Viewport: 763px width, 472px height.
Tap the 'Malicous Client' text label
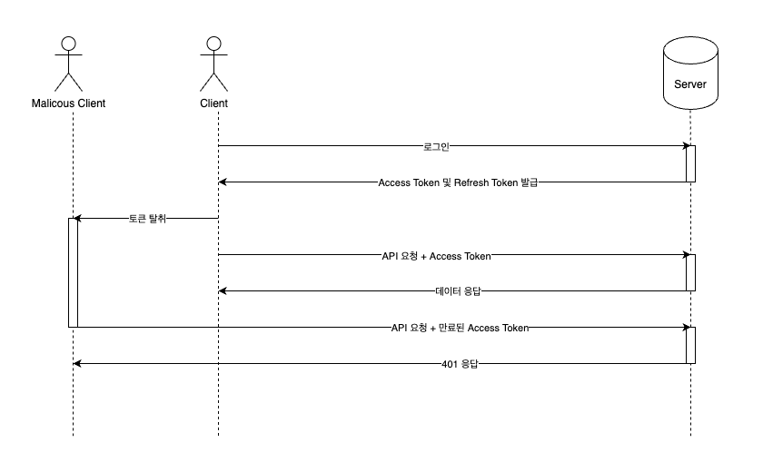pos(69,103)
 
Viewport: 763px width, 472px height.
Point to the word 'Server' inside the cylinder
pos(690,84)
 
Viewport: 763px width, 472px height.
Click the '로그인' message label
pos(437,146)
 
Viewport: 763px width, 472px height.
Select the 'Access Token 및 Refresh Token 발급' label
pos(458,182)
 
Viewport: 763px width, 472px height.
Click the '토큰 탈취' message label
pos(147,219)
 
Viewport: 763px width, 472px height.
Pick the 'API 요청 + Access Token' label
pos(437,256)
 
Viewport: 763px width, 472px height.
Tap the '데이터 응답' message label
pos(458,291)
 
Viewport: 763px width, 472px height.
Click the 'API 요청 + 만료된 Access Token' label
pos(460,328)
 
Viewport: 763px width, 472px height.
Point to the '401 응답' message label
pos(460,364)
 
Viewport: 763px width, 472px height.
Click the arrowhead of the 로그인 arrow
pos(687,145)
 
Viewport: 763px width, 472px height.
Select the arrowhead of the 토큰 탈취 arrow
pos(77,218)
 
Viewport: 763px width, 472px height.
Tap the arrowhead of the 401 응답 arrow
pos(77,363)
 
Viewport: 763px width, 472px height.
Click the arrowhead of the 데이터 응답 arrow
pos(223,290)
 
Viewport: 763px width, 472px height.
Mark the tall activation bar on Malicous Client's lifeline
pos(73,272)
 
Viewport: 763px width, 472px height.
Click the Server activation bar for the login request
pos(690,163)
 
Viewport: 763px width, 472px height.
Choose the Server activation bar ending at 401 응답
pos(690,345)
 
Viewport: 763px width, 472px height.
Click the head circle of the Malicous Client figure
pos(69,44)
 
